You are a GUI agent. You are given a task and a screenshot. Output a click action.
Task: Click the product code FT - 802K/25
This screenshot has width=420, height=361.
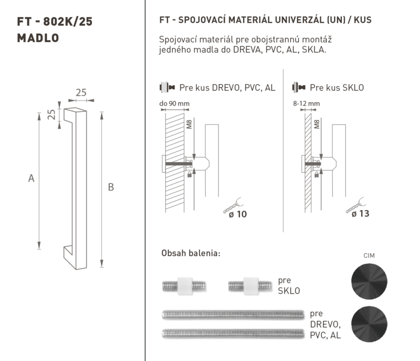55,22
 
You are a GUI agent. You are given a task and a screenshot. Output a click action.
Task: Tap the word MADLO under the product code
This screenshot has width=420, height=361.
38,38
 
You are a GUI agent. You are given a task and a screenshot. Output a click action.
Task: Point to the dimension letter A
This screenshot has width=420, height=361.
31,178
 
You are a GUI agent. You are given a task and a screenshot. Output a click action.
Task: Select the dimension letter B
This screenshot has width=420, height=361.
111,187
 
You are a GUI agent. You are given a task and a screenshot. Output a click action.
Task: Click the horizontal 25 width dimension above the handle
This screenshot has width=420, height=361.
81,92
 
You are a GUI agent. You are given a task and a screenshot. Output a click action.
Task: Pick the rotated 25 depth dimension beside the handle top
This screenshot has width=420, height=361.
51,115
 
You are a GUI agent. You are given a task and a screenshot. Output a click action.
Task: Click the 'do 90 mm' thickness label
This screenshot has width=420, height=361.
174,104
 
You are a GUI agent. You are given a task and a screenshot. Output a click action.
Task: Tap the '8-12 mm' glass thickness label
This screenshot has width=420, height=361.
307,104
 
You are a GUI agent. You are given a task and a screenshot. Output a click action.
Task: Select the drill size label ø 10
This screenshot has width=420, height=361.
238,214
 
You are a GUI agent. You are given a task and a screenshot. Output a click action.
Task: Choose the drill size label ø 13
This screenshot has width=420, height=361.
360,213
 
